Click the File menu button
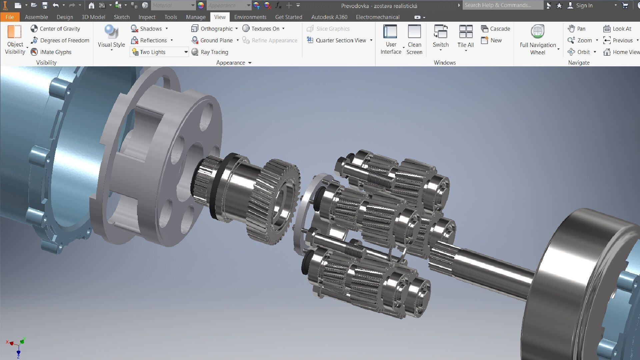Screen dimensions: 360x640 10,17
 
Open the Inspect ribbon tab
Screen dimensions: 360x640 147,17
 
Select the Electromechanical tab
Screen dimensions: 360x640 377,17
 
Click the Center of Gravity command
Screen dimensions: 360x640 56,29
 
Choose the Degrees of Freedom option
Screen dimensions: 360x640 60,40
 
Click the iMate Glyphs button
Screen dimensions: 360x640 51,52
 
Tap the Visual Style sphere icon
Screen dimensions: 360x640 111,32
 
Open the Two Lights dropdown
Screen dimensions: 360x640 186,52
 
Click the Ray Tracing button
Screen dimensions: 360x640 210,52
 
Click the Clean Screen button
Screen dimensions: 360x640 414,39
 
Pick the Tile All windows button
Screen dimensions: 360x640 466,37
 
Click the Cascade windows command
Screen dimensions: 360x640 496,29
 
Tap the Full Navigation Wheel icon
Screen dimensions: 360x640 537,32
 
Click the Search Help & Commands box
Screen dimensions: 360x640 502,5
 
